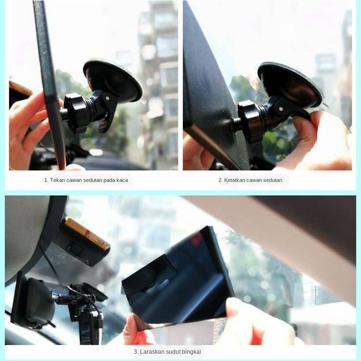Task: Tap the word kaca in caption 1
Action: (x=122, y=180)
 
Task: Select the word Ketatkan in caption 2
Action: (x=233, y=180)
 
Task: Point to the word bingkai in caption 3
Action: (x=191, y=352)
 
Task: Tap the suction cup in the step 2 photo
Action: (x=291, y=86)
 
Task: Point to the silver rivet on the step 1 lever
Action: (x=107, y=98)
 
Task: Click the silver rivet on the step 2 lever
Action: (x=281, y=109)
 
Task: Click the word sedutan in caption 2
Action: (x=272, y=180)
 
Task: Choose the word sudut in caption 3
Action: (x=173, y=352)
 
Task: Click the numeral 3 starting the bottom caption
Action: (x=136, y=352)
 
